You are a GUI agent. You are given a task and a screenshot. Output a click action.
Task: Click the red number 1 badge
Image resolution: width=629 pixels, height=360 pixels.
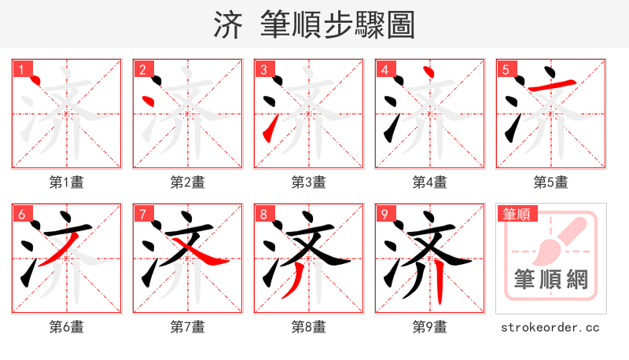pyautogui.click(x=21, y=69)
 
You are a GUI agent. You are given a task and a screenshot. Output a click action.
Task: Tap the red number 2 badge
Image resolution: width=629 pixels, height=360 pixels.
pyautogui.click(x=142, y=69)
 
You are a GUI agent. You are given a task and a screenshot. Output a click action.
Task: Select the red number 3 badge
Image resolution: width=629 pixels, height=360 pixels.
pyautogui.click(x=263, y=69)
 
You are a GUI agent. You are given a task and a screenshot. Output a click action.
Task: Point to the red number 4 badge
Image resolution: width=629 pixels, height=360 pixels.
pyautogui.click(x=384, y=69)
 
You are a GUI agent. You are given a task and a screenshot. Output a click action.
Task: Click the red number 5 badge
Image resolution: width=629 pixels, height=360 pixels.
pyautogui.click(x=506, y=69)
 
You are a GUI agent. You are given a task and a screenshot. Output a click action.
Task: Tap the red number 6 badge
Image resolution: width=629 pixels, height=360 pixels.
pyautogui.click(x=21, y=214)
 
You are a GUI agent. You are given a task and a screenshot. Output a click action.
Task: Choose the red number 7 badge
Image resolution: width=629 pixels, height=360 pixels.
pyautogui.click(x=142, y=214)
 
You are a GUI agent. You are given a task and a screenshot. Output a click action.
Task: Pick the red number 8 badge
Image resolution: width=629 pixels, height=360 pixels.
pyautogui.click(x=263, y=214)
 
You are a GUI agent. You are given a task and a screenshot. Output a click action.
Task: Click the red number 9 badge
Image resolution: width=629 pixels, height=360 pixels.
pyautogui.click(x=384, y=214)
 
